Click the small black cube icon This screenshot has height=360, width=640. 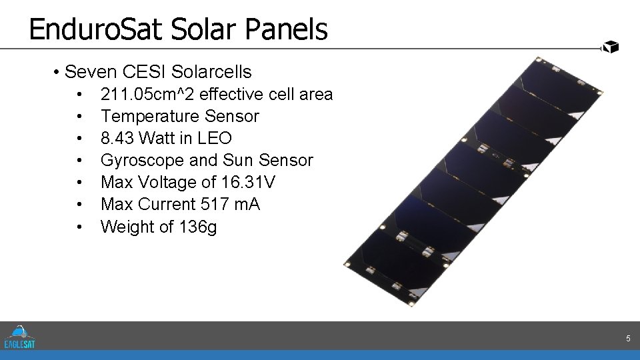(611, 47)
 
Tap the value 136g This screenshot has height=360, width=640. (198, 227)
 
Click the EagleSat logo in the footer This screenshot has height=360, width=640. (20, 337)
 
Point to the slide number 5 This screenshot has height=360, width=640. (628, 339)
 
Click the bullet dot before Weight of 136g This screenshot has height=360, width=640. (79, 227)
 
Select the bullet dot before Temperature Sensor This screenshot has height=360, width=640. (79, 116)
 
